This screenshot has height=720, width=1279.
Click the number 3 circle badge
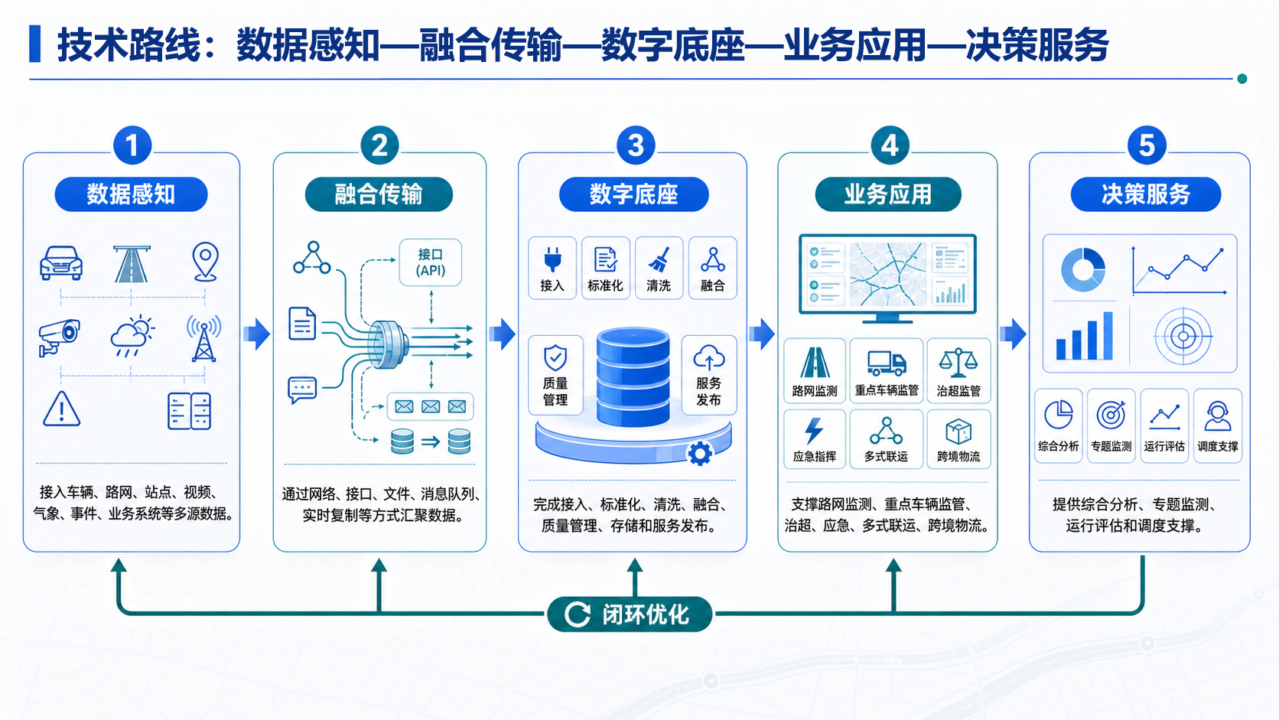(x=636, y=145)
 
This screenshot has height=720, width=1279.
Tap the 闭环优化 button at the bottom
(x=630, y=614)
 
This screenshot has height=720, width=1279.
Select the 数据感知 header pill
(x=131, y=194)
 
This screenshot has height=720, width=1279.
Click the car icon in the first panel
(x=61, y=262)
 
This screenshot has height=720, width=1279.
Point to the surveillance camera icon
(x=59, y=337)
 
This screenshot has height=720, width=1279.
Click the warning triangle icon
(x=62, y=409)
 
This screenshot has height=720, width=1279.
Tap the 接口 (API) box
(x=431, y=262)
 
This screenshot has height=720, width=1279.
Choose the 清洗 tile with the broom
(x=659, y=268)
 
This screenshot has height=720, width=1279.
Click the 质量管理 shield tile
(x=555, y=375)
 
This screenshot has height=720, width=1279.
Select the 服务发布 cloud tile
(x=709, y=375)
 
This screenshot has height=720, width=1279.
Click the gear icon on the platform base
(x=700, y=454)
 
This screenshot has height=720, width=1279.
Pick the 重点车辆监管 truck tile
(x=886, y=370)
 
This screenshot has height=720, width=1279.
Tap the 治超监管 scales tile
(x=958, y=370)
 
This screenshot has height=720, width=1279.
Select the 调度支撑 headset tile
(x=1218, y=425)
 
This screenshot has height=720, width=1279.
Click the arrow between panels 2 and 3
(x=503, y=334)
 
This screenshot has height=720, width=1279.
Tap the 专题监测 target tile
(x=1111, y=425)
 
